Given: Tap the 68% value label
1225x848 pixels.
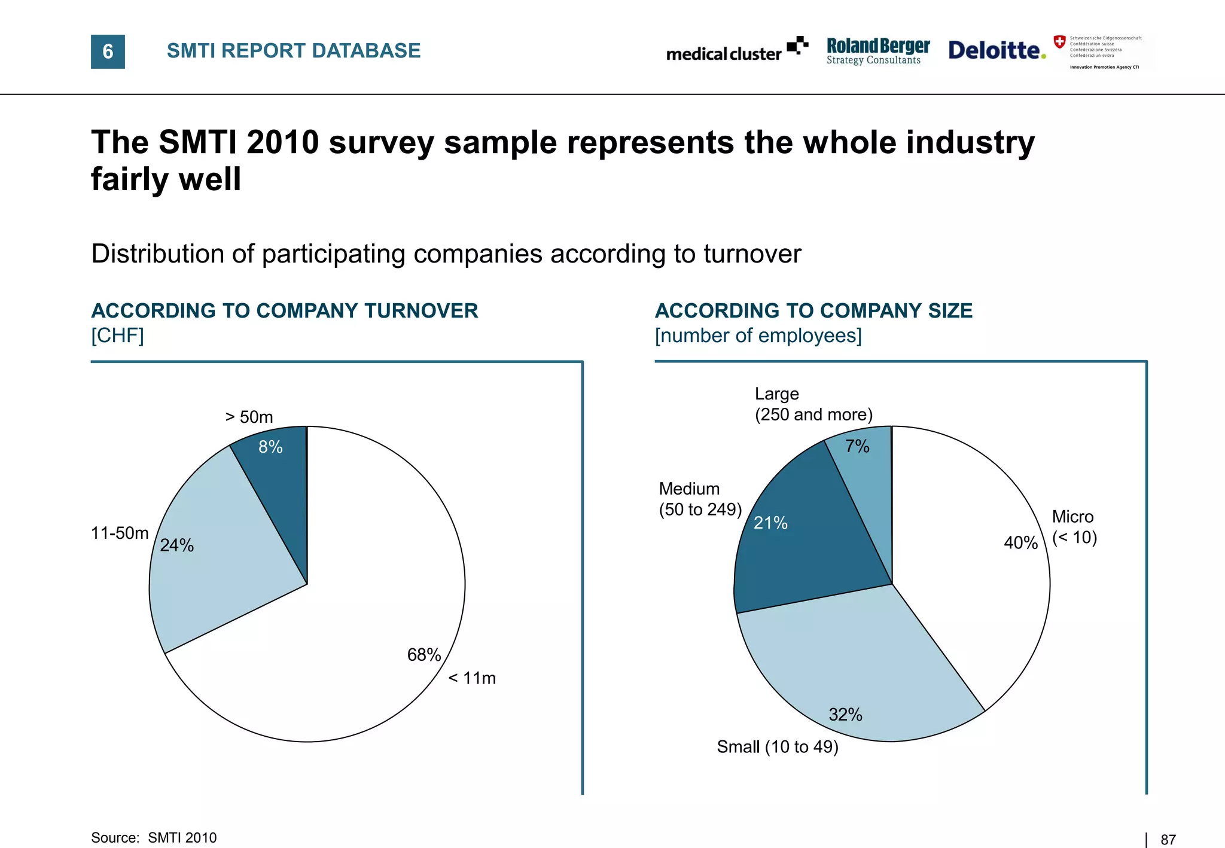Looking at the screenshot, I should (423, 655).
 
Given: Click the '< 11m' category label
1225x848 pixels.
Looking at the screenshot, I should (472, 678).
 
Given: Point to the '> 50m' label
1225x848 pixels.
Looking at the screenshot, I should (249, 417).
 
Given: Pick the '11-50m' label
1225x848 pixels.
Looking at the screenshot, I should (120, 533).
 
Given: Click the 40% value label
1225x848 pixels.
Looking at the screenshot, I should (1020, 542).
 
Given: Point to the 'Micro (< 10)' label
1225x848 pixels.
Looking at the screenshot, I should (1074, 527).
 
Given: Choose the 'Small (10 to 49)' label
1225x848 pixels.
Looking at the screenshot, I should (778, 747).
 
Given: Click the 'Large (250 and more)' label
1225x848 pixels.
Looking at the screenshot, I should (813, 404).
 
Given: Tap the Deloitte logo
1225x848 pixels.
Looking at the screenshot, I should (997, 50).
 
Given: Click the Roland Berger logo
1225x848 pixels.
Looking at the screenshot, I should (877, 51).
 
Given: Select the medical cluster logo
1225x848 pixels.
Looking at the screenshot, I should (736, 51).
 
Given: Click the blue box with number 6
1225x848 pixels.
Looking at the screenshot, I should (108, 51).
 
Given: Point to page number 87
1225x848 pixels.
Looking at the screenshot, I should (1168, 840).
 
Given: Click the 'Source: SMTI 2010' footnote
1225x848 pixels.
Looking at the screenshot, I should (154, 838).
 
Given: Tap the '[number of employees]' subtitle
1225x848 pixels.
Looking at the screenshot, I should (758, 335).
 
